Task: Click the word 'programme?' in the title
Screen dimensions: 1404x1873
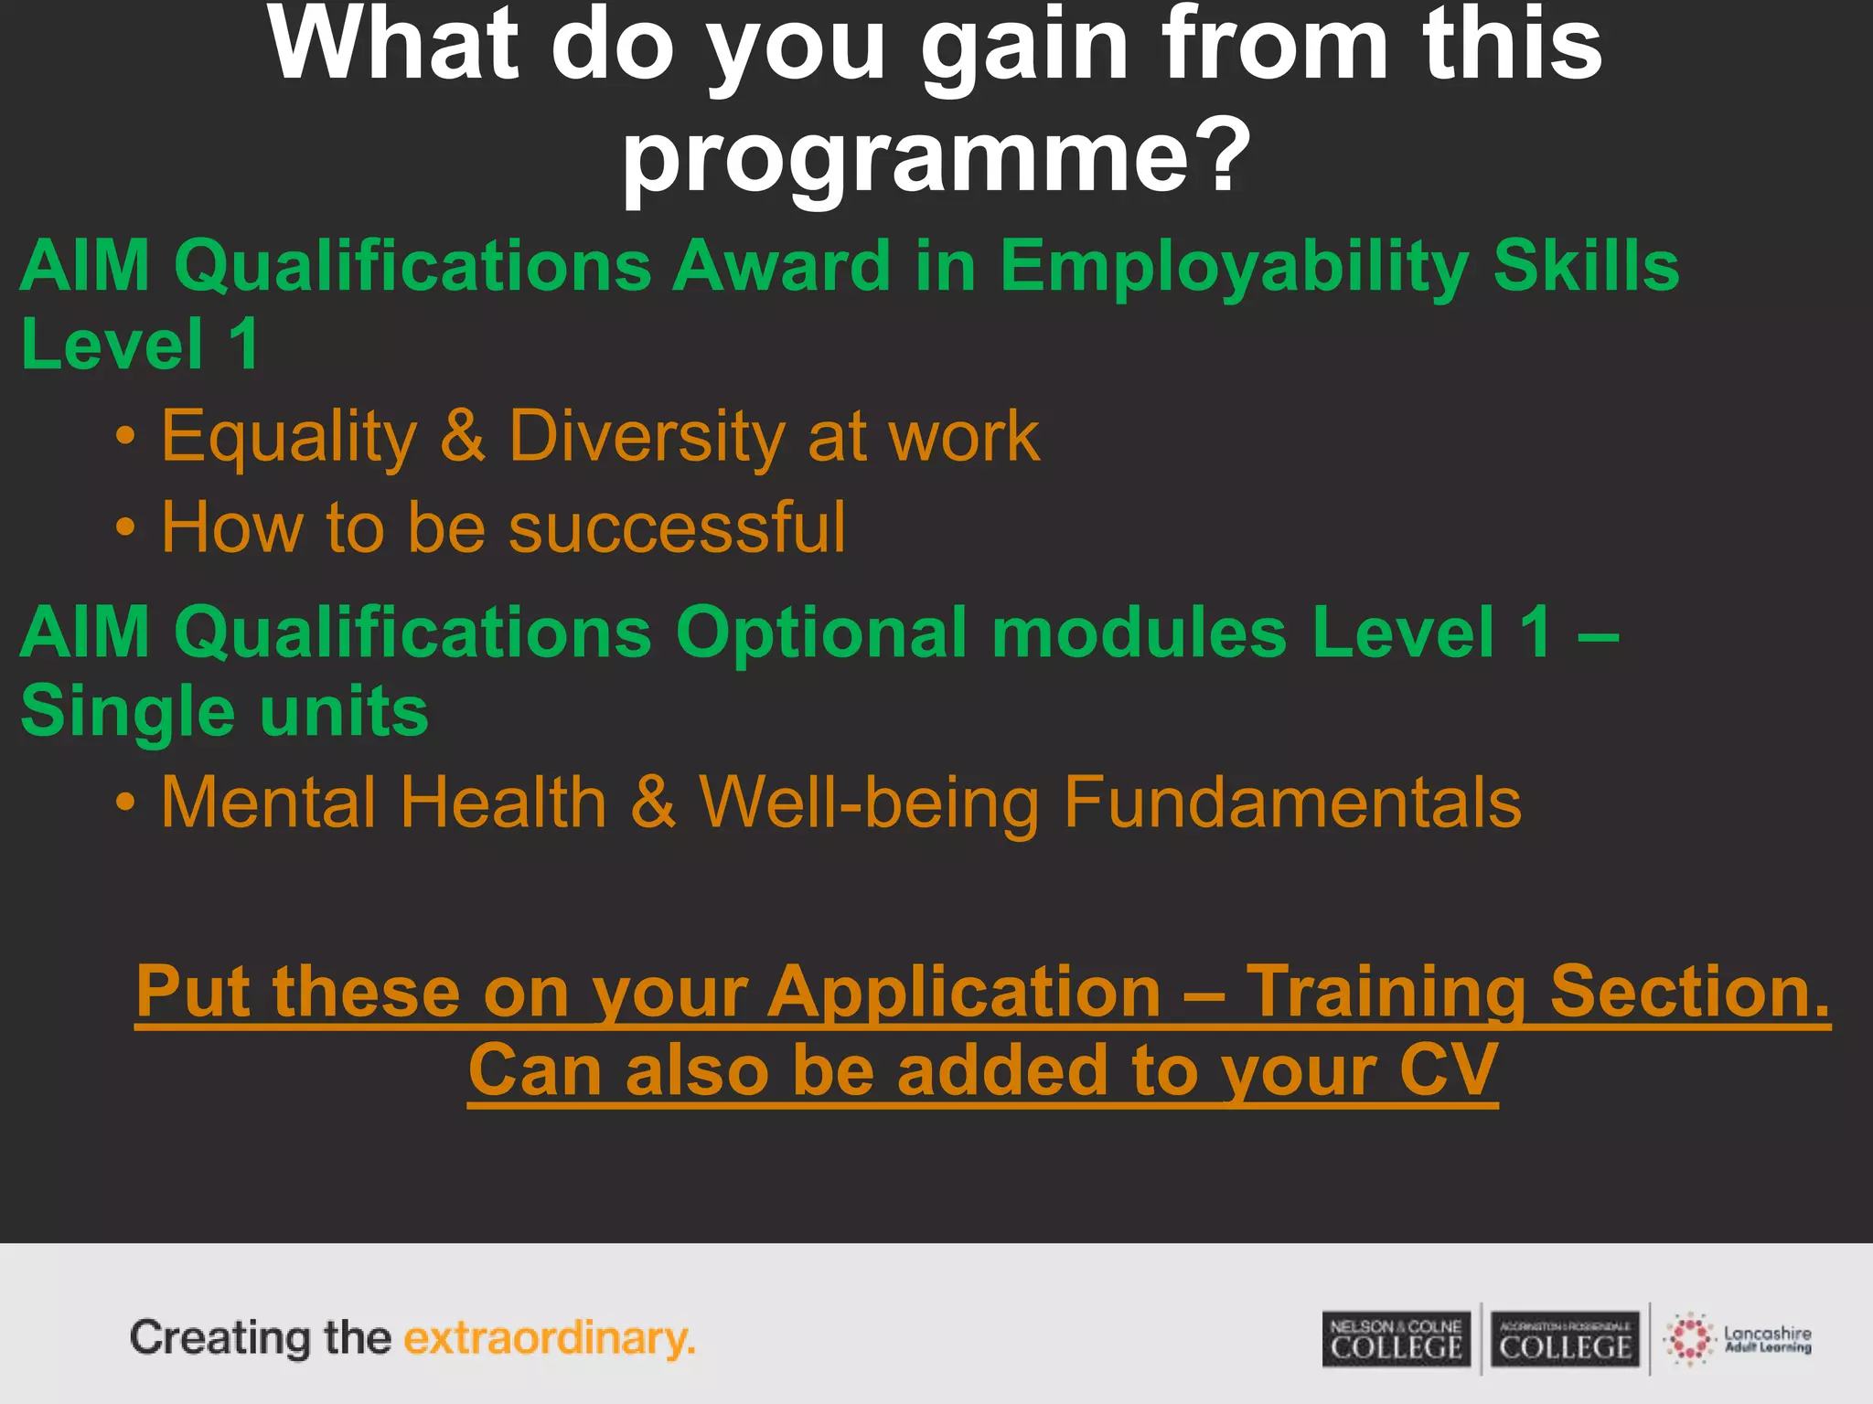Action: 936,157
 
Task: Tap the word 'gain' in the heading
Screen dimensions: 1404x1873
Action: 1025,46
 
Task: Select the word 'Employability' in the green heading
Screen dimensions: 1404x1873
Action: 1234,267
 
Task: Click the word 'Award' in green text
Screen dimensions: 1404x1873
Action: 781,265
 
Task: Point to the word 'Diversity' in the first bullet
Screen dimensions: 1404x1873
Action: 646,437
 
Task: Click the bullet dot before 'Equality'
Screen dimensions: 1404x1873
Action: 126,438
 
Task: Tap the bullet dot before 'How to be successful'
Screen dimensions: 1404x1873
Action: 126,528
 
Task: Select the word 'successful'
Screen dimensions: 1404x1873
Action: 677,527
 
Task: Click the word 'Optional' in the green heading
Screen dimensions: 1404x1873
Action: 821,633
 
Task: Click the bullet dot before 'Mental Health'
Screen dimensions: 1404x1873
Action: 126,803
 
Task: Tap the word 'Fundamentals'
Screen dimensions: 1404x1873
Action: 1292,803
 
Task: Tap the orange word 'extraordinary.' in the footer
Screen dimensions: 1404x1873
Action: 550,1338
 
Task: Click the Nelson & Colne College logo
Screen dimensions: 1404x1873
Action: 1397,1339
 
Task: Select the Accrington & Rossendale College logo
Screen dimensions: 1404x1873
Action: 1565,1339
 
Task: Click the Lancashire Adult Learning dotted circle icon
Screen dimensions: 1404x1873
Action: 1688,1339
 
